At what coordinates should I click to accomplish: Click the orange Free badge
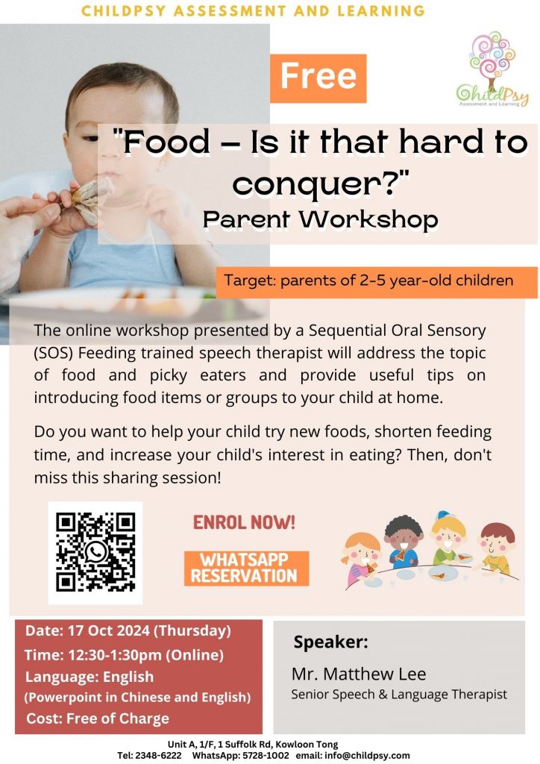(x=318, y=78)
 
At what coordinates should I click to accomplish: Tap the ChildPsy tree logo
(x=492, y=69)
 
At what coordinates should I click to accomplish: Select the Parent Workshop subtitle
(x=321, y=220)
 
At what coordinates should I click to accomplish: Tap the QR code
(x=95, y=552)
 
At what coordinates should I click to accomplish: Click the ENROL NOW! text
(x=244, y=522)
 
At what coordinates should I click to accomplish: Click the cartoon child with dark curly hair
(x=402, y=542)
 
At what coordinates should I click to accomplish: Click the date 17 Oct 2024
(x=109, y=630)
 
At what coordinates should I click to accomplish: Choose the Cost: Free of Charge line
(x=98, y=718)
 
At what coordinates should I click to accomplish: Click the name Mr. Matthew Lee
(x=359, y=674)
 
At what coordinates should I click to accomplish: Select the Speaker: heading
(x=330, y=642)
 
